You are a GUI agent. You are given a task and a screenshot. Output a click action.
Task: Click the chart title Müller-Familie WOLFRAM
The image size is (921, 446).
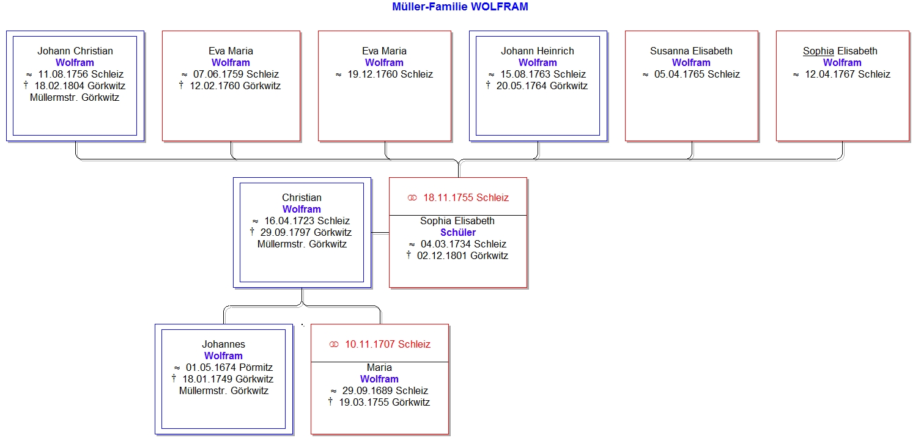tap(460, 7)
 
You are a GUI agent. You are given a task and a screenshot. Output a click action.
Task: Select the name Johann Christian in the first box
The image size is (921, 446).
tap(75, 51)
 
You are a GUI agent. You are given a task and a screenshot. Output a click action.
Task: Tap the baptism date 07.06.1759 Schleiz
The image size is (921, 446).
tap(236, 75)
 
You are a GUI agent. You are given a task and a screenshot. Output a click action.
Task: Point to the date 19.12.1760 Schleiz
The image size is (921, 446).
tap(390, 75)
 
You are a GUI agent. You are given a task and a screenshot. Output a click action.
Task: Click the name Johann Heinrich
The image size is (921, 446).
tap(538, 51)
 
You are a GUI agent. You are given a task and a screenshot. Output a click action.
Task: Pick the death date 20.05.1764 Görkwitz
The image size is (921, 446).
tap(542, 86)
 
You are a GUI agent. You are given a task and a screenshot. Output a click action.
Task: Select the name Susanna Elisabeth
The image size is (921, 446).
tap(691, 51)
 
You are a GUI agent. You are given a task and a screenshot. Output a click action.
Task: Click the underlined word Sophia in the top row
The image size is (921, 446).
tap(818, 51)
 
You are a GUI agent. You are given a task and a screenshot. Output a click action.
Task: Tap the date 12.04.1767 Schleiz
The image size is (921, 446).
tap(848, 75)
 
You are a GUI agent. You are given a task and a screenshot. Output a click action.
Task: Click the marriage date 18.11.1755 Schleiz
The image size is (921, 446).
tap(466, 197)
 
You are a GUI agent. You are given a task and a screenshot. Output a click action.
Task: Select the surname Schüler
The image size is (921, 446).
tap(458, 232)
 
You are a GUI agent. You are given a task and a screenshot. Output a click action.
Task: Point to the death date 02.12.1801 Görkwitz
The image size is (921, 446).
tap(462, 256)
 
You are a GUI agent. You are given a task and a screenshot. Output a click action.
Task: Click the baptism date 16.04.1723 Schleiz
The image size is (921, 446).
tap(307, 221)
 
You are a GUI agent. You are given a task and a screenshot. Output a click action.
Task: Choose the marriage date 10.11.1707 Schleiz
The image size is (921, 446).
tap(388, 344)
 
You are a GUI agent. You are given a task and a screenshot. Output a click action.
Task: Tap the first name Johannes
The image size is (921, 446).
tap(223, 344)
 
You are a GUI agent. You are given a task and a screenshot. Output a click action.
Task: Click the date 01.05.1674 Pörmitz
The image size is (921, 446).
tap(229, 368)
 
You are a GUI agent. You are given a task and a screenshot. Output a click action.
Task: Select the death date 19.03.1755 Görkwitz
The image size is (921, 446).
tap(385, 403)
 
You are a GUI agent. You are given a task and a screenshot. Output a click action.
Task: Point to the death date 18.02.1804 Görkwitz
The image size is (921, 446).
tap(80, 86)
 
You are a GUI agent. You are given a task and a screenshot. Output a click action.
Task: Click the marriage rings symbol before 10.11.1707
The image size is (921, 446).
tap(334, 345)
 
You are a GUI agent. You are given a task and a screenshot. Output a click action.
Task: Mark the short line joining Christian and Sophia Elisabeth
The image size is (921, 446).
tap(380, 233)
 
